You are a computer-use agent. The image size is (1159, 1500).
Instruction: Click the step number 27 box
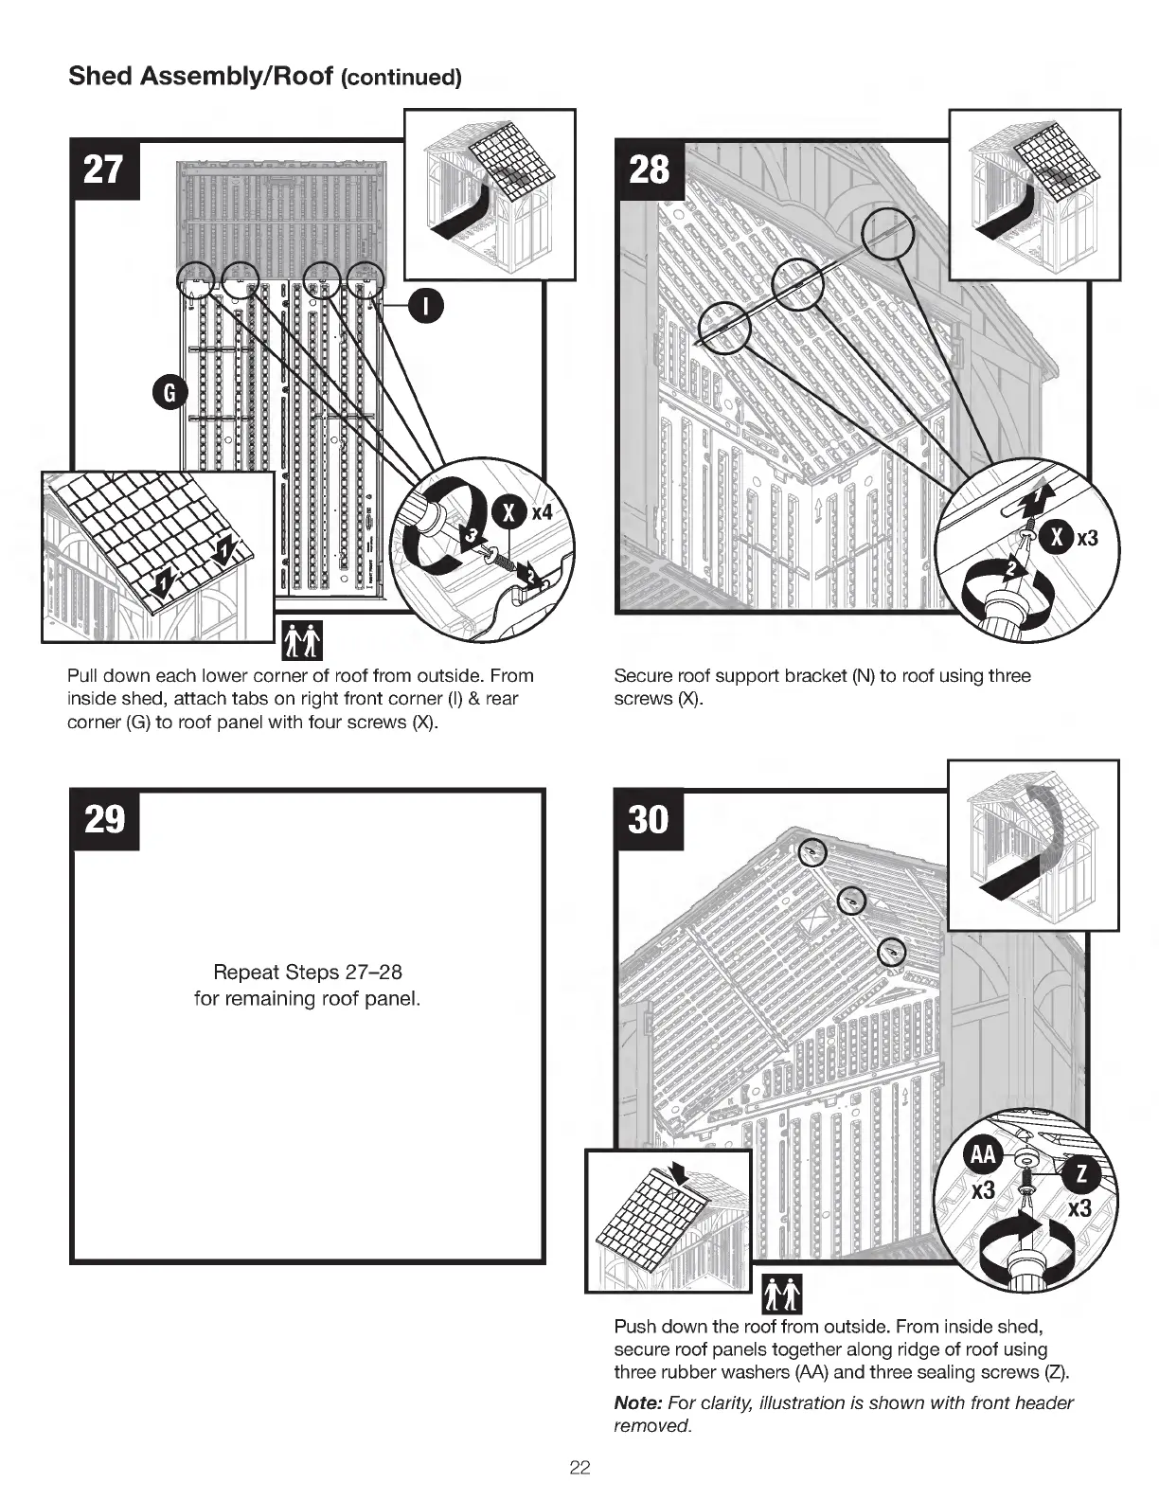(x=104, y=170)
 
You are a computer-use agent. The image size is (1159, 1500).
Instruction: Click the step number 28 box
(x=649, y=170)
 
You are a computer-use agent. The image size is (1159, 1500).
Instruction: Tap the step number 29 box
(x=104, y=819)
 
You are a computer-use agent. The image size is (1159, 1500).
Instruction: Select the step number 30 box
(x=649, y=819)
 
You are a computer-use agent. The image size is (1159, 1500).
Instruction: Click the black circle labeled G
(x=170, y=393)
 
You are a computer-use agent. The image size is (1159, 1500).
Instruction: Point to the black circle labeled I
(x=427, y=306)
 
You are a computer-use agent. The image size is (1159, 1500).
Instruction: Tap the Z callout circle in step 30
(x=1082, y=1175)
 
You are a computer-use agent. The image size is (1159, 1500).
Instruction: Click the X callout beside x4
(x=508, y=513)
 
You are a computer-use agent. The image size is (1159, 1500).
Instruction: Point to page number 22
(x=579, y=1468)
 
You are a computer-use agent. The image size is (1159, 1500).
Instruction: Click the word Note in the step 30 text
(x=638, y=1402)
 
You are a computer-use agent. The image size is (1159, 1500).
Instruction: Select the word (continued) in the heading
(x=401, y=78)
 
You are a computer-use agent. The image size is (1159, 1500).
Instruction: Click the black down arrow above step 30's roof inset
(x=680, y=1171)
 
